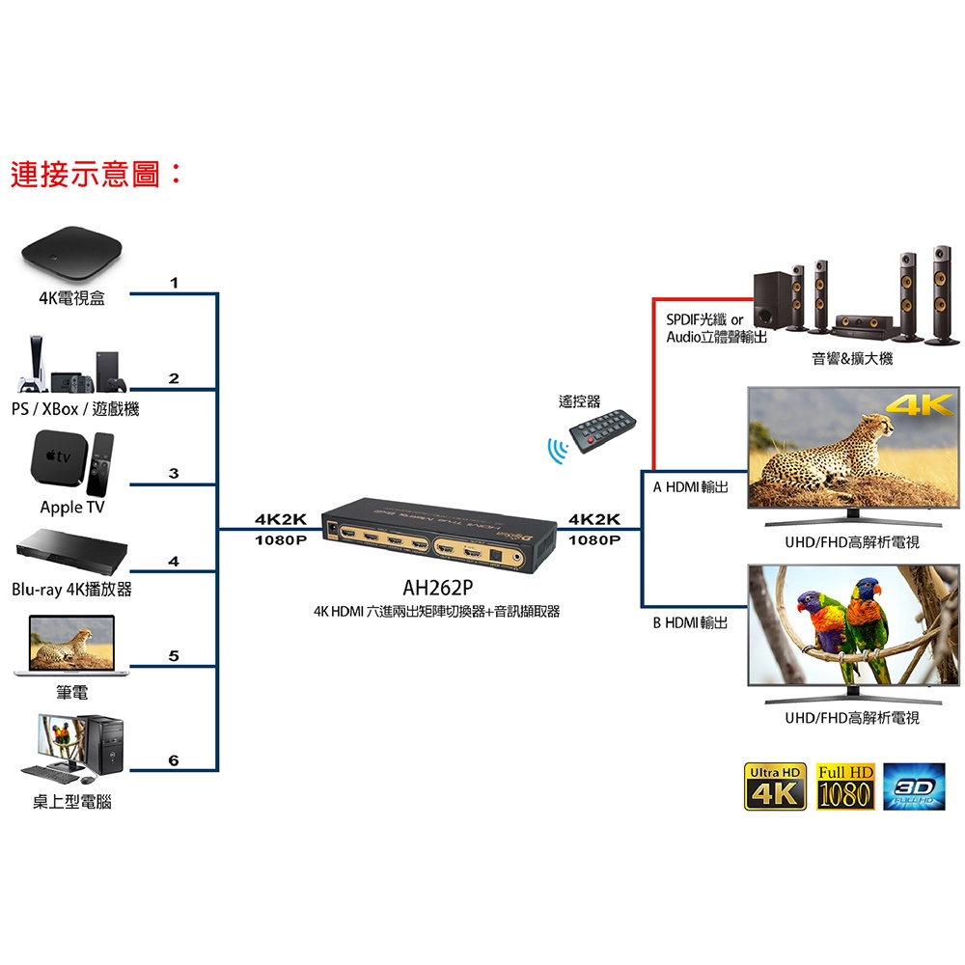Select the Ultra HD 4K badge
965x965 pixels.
[x=775, y=786]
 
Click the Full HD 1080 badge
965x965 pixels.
[x=845, y=786]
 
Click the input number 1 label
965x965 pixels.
[x=174, y=283]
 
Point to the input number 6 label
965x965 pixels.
[x=174, y=760]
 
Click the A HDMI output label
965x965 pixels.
[x=690, y=487]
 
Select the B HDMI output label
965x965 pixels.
[x=690, y=623]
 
